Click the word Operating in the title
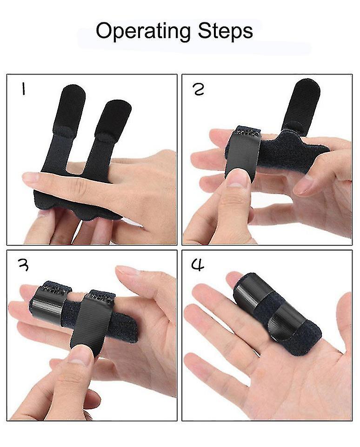143,31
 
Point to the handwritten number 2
199,89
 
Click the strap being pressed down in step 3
93,321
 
